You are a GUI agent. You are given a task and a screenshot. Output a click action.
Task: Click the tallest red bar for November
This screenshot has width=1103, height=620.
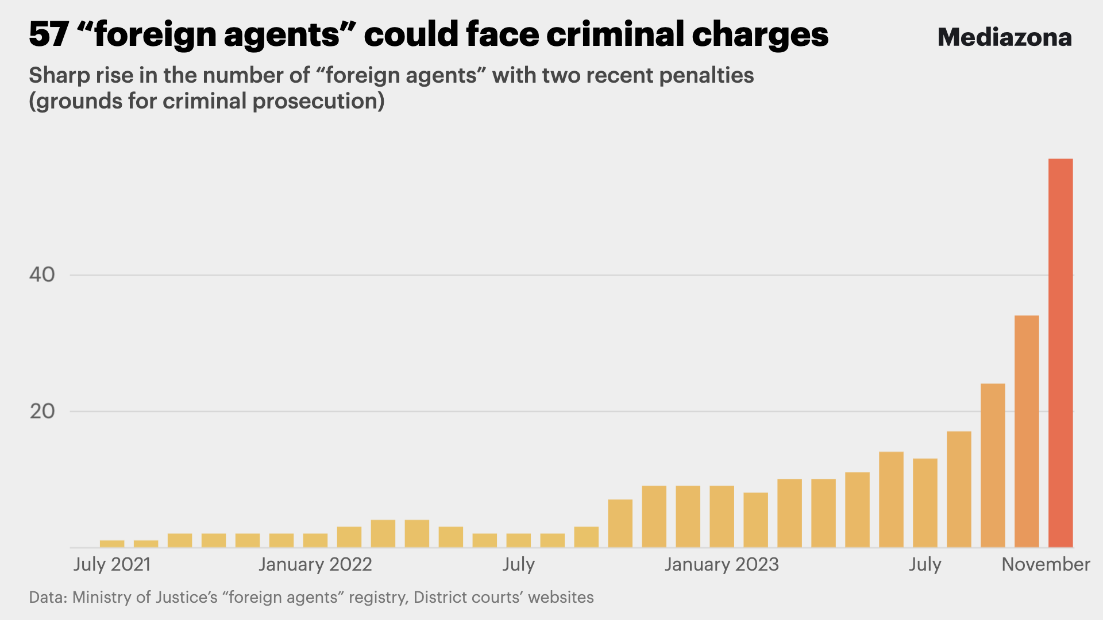point(1060,352)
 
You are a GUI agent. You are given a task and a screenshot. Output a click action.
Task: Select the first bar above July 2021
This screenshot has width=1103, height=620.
point(112,543)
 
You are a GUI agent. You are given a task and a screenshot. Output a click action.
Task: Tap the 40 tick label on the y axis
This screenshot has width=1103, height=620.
point(42,274)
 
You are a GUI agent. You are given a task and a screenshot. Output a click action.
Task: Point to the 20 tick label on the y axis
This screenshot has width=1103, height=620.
point(42,411)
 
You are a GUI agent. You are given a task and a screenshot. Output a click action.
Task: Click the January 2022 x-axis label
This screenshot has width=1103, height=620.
point(315,564)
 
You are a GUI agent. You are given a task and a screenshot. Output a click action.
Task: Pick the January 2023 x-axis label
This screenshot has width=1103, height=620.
point(722,564)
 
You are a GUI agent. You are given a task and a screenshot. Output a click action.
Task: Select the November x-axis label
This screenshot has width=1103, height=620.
point(1046,564)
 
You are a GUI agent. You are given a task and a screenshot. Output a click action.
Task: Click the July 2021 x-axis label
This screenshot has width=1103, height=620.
point(112,564)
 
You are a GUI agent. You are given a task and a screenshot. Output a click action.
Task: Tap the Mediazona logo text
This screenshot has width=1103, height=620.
point(1004,37)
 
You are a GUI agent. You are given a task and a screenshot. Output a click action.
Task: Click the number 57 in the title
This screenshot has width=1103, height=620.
point(49,34)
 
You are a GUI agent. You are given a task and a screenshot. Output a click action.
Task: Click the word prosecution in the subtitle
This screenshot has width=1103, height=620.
point(315,101)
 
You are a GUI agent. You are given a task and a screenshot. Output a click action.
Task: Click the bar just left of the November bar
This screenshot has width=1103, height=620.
point(1027,431)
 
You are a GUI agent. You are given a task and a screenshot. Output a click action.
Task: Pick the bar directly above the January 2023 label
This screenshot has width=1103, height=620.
point(722,516)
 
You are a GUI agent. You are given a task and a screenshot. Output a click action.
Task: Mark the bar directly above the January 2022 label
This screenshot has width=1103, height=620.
point(315,540)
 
